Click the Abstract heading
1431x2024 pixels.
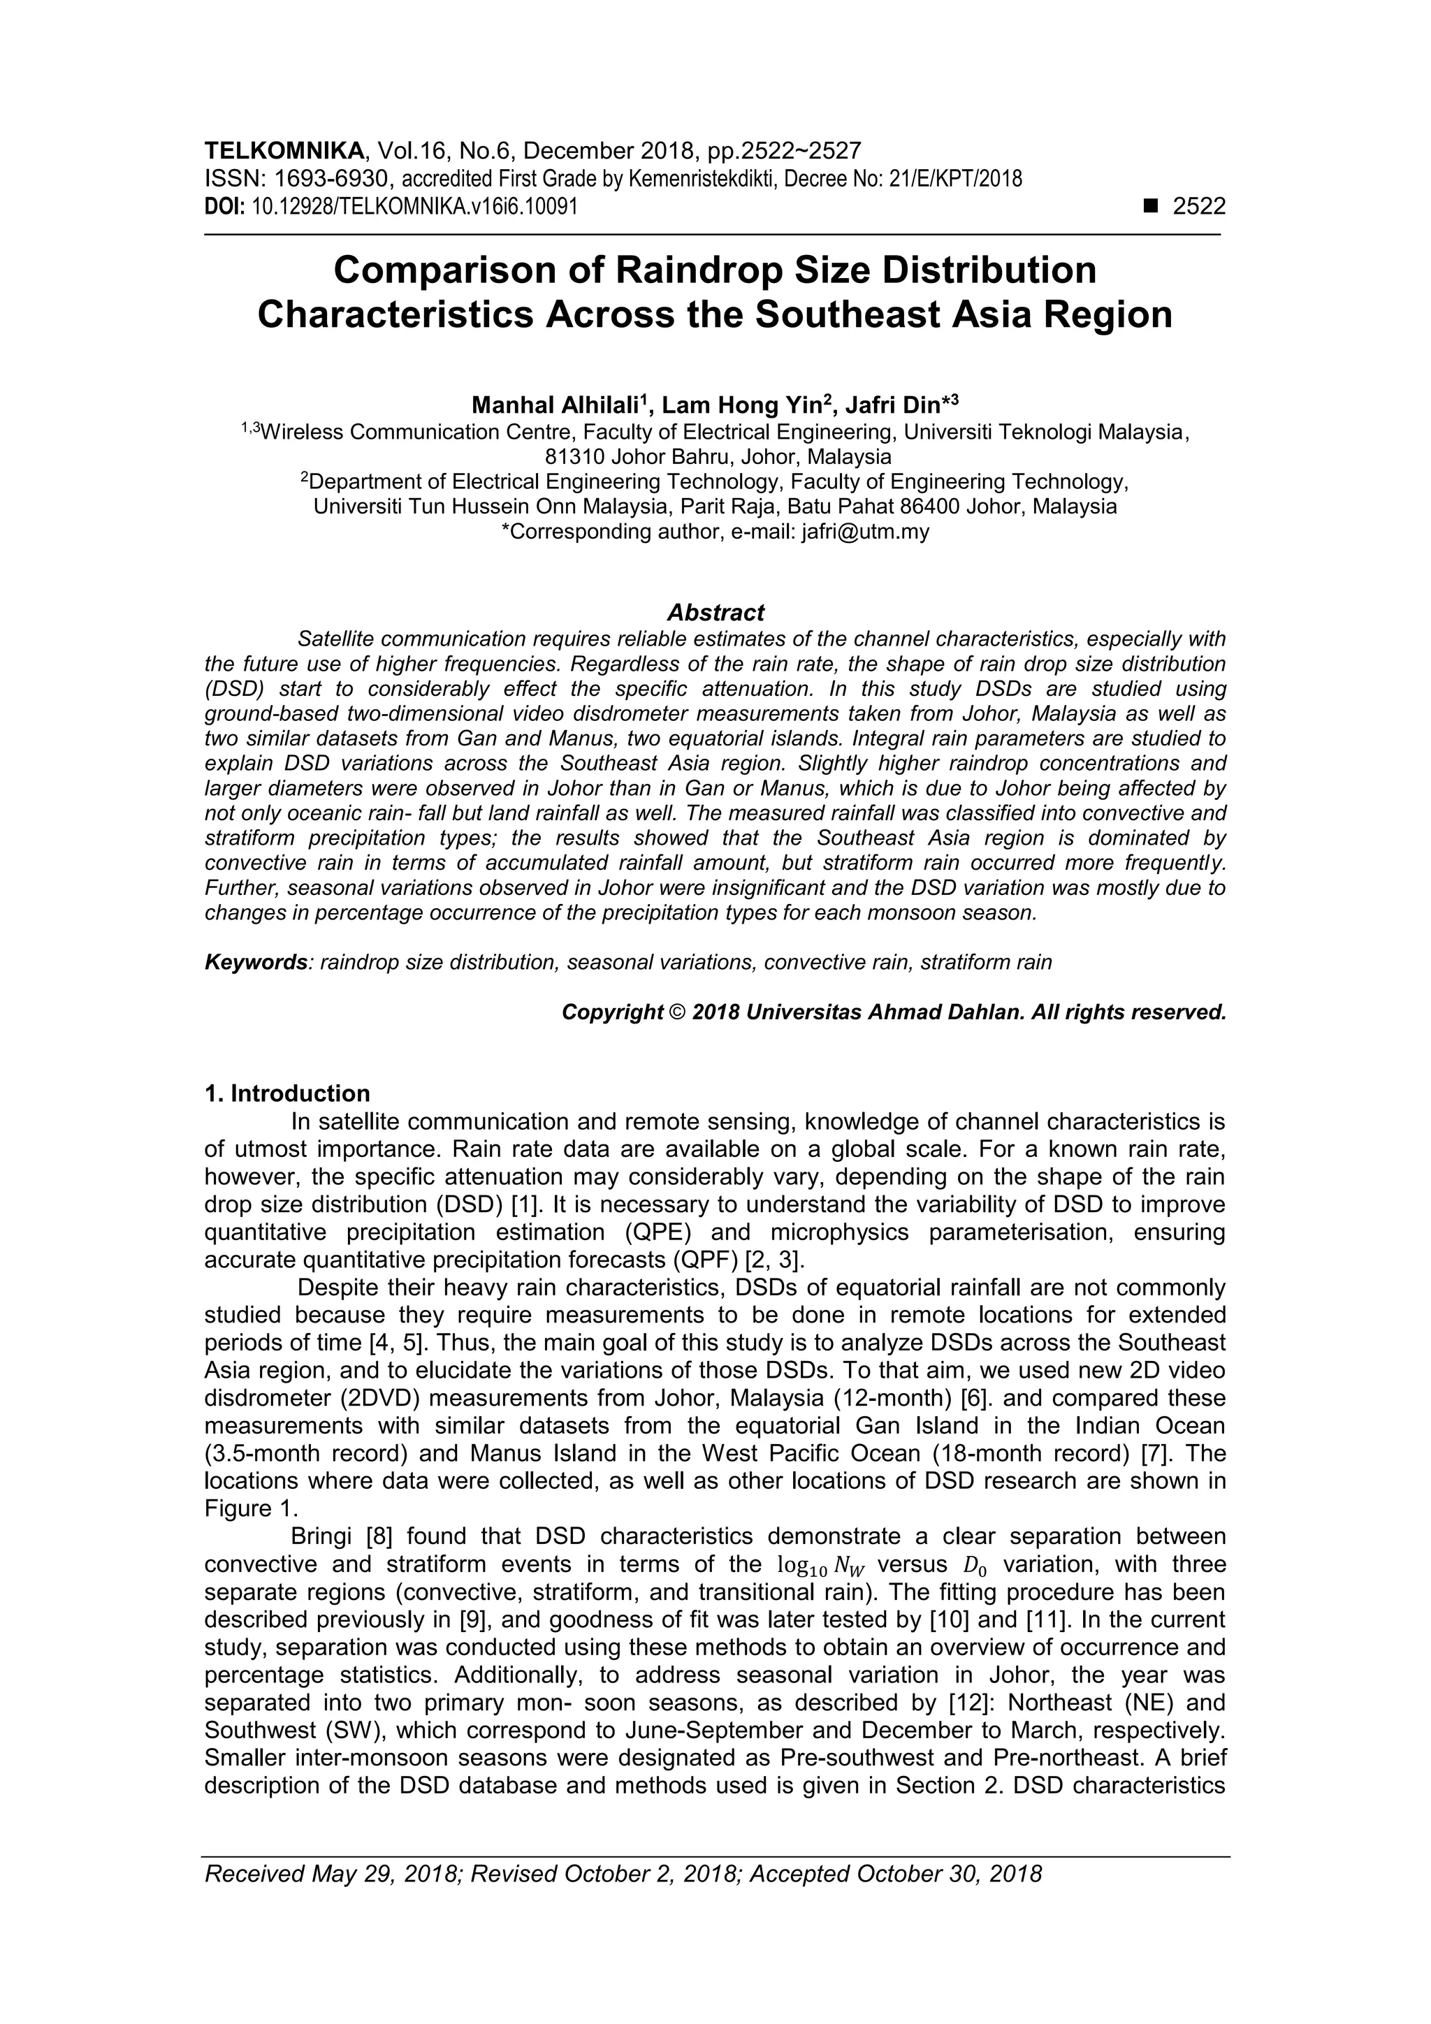(x=715, y=612)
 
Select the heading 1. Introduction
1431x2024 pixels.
(x=287, y=1094)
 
